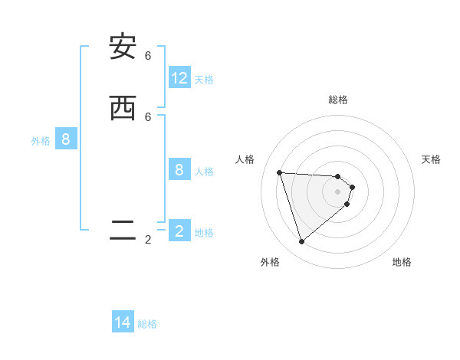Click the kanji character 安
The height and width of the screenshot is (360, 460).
[x=123, y=47]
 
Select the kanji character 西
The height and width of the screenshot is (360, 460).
[x=123, y=108]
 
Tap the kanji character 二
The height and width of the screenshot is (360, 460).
[x=123, y=230]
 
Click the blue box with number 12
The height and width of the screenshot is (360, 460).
[x=179, y=78]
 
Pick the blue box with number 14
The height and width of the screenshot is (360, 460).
[x=123, y=322]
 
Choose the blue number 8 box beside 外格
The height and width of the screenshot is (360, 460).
[x=66, y=139]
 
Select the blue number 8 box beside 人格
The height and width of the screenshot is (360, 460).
[x=179, y=170]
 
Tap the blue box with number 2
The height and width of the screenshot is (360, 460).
[x=179, y=231]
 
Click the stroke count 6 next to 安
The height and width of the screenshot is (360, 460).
[x=148, y=56]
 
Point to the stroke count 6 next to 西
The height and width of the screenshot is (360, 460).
[x=148, y=116]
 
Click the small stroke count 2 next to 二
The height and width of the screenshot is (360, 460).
[x=148, y=240]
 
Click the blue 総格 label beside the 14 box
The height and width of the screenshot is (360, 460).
[x=147, y=324]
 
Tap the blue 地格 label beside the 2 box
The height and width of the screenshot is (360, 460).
[x=204, y=232]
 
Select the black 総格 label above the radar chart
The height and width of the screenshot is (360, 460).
[x=338, y=100]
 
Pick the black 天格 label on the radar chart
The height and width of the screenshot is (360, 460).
[x=431, y=159]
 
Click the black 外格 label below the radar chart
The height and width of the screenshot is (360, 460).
[x=270, y=262]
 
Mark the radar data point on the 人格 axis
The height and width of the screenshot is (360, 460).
[x=279, y=172]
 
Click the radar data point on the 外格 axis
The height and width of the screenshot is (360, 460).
[x=301, y=241]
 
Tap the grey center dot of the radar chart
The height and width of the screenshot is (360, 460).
[x=338, y=202]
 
